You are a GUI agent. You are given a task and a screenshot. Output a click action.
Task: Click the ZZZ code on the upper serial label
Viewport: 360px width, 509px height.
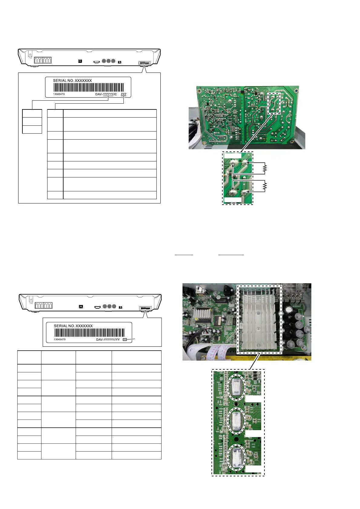(123, 94)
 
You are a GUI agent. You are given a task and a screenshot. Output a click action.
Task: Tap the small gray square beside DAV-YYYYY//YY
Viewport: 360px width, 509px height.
(125, 340)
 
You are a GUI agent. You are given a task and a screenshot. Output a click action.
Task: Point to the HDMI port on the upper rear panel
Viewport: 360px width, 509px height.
(97, 62)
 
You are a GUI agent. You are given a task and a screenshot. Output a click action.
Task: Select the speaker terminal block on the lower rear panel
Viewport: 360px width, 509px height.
(44, 306)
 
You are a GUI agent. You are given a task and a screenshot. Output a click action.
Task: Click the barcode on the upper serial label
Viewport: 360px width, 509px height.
(89, 87)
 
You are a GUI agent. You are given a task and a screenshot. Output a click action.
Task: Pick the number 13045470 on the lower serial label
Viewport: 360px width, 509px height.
(60, 339)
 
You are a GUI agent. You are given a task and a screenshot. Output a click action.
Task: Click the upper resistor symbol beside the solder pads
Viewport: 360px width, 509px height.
(265, 168)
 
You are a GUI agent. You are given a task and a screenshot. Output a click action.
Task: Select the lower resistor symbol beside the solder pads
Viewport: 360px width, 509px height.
(265, 186)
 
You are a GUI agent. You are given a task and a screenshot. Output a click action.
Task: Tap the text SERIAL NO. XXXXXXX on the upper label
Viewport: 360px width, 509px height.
(72, 81)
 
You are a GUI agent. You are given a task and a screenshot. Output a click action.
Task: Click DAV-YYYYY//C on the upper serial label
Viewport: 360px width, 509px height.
(106, 94)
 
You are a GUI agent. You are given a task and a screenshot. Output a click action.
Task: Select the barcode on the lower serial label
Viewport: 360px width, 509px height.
(90, 333)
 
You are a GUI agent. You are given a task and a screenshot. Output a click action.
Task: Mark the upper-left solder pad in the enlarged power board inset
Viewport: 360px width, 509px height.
(233, 163)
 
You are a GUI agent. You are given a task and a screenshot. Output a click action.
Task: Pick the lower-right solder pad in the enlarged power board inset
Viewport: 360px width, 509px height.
(244, 192)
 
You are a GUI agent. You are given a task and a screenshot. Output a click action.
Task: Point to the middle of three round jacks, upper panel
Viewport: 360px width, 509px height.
(109, 61)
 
